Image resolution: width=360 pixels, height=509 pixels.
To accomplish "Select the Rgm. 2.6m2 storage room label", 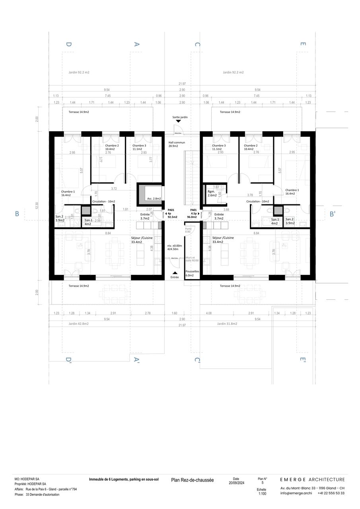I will pyautogui.click(x=212, y=193).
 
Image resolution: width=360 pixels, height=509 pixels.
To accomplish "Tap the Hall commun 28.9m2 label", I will pyautogui.click(x=177, y=144).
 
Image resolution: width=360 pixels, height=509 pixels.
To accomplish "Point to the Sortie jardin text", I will pyautogui.click(x=180, y=118).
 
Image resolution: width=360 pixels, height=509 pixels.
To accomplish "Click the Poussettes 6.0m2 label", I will pyautogui.click(x=189, y=273).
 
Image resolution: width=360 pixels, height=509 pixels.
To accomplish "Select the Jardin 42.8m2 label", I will pyautogui.click(x=78, y=324).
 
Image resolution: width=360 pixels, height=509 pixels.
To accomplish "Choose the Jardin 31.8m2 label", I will pyautogui.click(x=227, y=324).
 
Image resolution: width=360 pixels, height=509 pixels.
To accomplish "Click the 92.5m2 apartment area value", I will pyautogui.click(x=172, y=218).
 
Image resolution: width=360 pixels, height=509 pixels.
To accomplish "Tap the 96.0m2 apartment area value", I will pyautogui.click(x=192, y=218).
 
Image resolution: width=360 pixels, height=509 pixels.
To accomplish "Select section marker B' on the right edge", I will pyautogui.click(x=333, y=214).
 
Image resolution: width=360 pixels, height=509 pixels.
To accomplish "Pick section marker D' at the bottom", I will pyautogui.click(x=68, y=361).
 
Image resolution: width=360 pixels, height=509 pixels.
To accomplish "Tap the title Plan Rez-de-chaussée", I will pyautogui.click(x=192, y=480).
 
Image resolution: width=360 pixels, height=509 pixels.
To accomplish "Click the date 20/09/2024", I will pyautogui.click(x=236, y=483).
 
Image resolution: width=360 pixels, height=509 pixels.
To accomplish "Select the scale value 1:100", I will pyautogui.click(x=262, y=493).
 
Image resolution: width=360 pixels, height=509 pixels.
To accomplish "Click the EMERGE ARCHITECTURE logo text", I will pyautogui.click(x=312, y=480).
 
